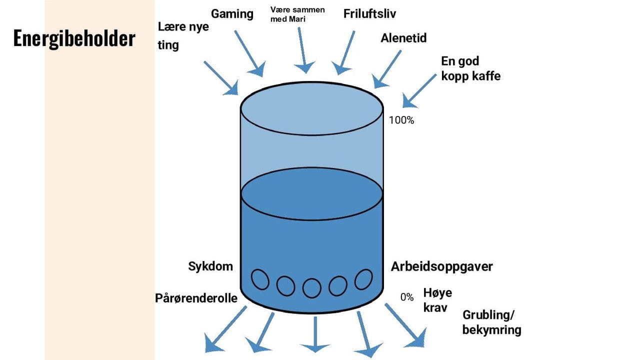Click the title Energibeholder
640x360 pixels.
(x=74, y=39)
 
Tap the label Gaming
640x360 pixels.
(x=232, y=14)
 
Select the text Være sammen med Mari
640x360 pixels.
(x=297, y=14)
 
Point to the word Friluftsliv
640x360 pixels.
(x=369, y=14)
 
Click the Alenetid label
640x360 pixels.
(x=403, y=38)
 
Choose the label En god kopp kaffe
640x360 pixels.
(x=470, y=68)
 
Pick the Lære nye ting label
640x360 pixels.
(x=183, y=36)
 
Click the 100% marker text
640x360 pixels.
(x=401, y=120)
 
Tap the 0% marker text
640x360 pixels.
(x=407, y=297)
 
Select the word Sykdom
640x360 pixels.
(x=210, y=266)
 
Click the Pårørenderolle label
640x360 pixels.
(x=196, y=298)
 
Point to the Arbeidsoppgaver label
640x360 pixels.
(x=441, y=266)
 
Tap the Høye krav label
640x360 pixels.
(x=437, y=299)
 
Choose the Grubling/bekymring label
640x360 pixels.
(x=491, y=322)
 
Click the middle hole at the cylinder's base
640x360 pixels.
(x=312, y=287)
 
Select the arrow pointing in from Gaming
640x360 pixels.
(x=248, y=53)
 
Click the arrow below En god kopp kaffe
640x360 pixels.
(x=419, y=90)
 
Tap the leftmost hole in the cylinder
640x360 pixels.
(x=259, y=279)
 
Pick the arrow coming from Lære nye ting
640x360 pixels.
(x=220, y=77)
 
